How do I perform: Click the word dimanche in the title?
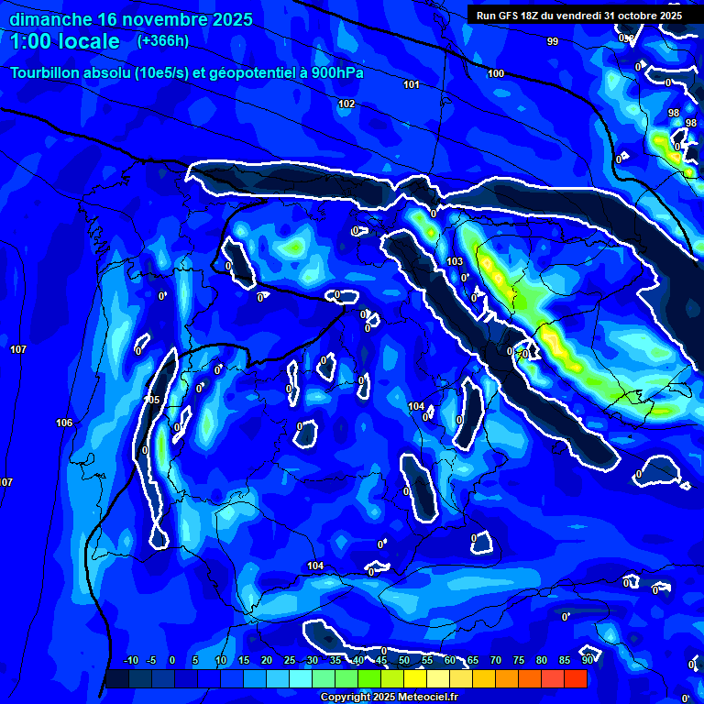(49, 19)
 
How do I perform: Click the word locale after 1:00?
(88, 41)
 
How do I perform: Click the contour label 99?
(552, 41)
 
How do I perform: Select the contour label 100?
(496, 73)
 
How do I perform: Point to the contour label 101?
(412, 84)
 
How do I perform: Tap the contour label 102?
(346, 104)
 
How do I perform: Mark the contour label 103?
(455, 261)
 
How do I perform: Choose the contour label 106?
(64, 423)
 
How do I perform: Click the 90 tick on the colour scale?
(587, 660)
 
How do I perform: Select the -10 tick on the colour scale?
(130, 660)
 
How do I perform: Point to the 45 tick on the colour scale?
(380, 660)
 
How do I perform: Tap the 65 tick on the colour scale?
(472, 660)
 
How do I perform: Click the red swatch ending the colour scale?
(575, 678)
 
